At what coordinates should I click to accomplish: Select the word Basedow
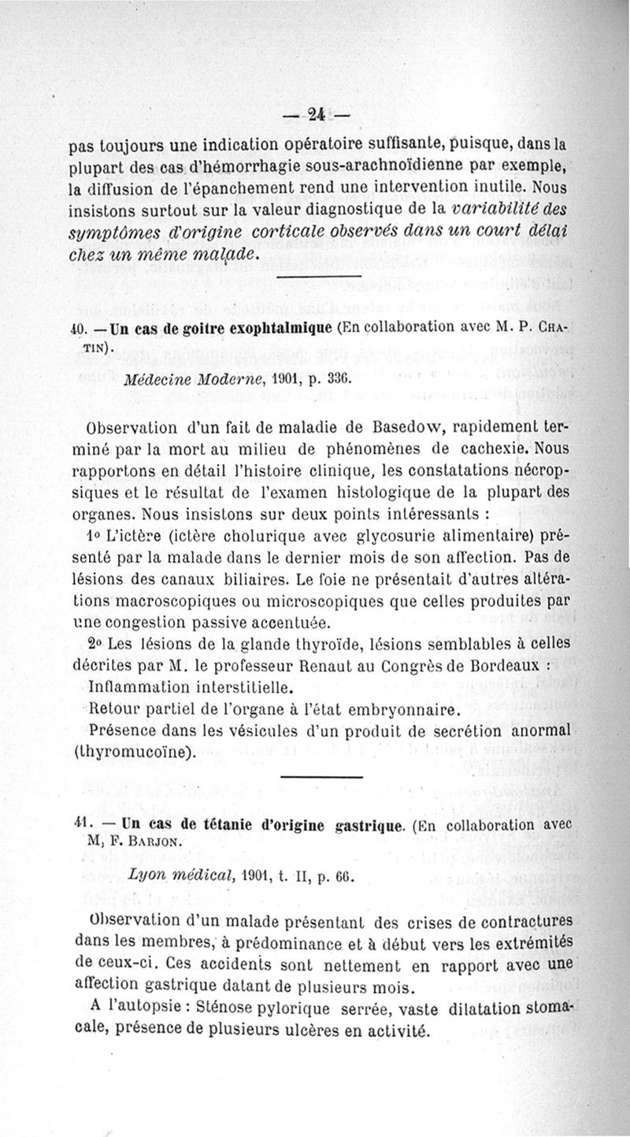pyautogui.click(x=382, y=429)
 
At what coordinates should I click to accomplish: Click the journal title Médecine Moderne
pyautogui.click(x=186, y=377)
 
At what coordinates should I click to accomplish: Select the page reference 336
pyautogui.click(x=332, y=378)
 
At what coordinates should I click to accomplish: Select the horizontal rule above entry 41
pyautogui.click(x=321, y=775)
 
